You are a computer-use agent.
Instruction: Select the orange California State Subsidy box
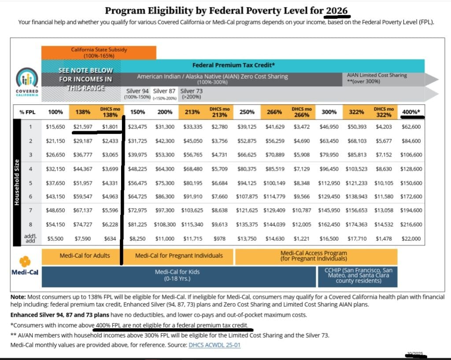tap(99, 52)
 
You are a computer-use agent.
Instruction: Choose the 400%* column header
tap(411, 112)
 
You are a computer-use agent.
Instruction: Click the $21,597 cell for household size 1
tap(82, 127)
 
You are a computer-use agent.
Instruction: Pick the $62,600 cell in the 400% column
tap(411, 127)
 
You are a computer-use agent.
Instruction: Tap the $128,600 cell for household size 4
tap(411, 169)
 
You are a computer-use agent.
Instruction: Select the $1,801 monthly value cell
tap(110, 127)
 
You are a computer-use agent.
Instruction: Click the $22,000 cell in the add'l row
tap(411, 239)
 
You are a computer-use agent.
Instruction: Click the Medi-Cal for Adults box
tap(81, 255)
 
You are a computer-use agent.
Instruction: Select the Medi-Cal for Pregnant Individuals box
tap(178, 255)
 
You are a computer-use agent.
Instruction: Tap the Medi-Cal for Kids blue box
tap(177, 275)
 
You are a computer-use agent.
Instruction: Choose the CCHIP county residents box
tap(358, 275)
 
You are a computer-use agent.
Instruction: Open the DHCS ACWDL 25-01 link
tap(214, 345)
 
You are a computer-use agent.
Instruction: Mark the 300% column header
tap(329, 112)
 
